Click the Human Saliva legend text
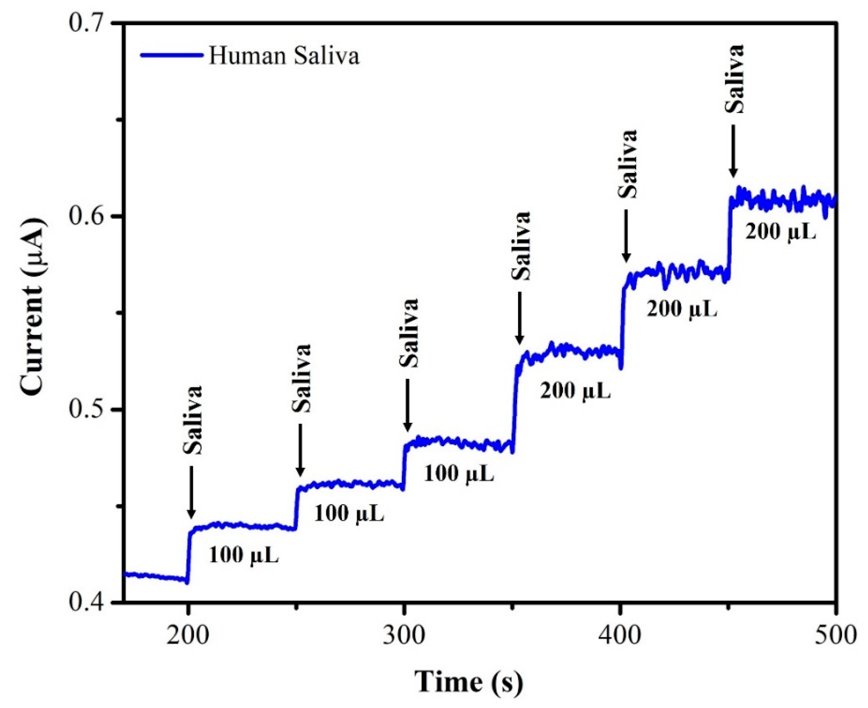[284, 56]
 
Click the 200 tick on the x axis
[187, 636]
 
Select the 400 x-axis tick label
[620, 636]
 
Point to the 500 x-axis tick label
[835, 636]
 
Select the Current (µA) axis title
[33, 307]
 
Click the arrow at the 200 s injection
[191, 492]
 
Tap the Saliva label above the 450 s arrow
[735, 79]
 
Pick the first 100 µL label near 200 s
[243, 555]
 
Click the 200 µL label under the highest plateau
[780, 232]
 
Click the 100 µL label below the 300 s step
[459, 473]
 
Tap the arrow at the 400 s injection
[626, 236]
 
